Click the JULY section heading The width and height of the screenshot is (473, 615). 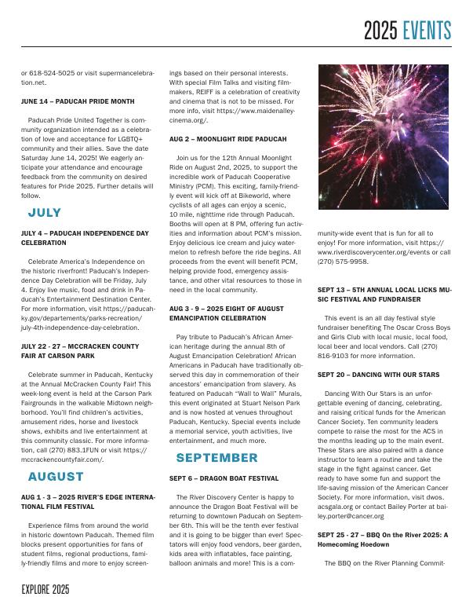(45, 213)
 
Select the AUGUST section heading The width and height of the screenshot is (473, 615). (56, 477)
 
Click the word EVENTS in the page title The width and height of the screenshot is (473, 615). (428, 31)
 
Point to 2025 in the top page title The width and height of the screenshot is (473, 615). (382, 31)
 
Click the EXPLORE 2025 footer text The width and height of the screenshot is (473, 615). (45, 589)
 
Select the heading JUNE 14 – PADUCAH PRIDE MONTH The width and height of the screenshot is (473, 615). (78, 101)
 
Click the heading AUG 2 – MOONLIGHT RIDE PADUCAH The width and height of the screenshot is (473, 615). (216, 139)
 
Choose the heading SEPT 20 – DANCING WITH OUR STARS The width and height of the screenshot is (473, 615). (378, 375)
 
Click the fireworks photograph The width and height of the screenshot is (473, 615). (384, 137)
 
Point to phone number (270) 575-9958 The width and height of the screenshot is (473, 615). (340, 262)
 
